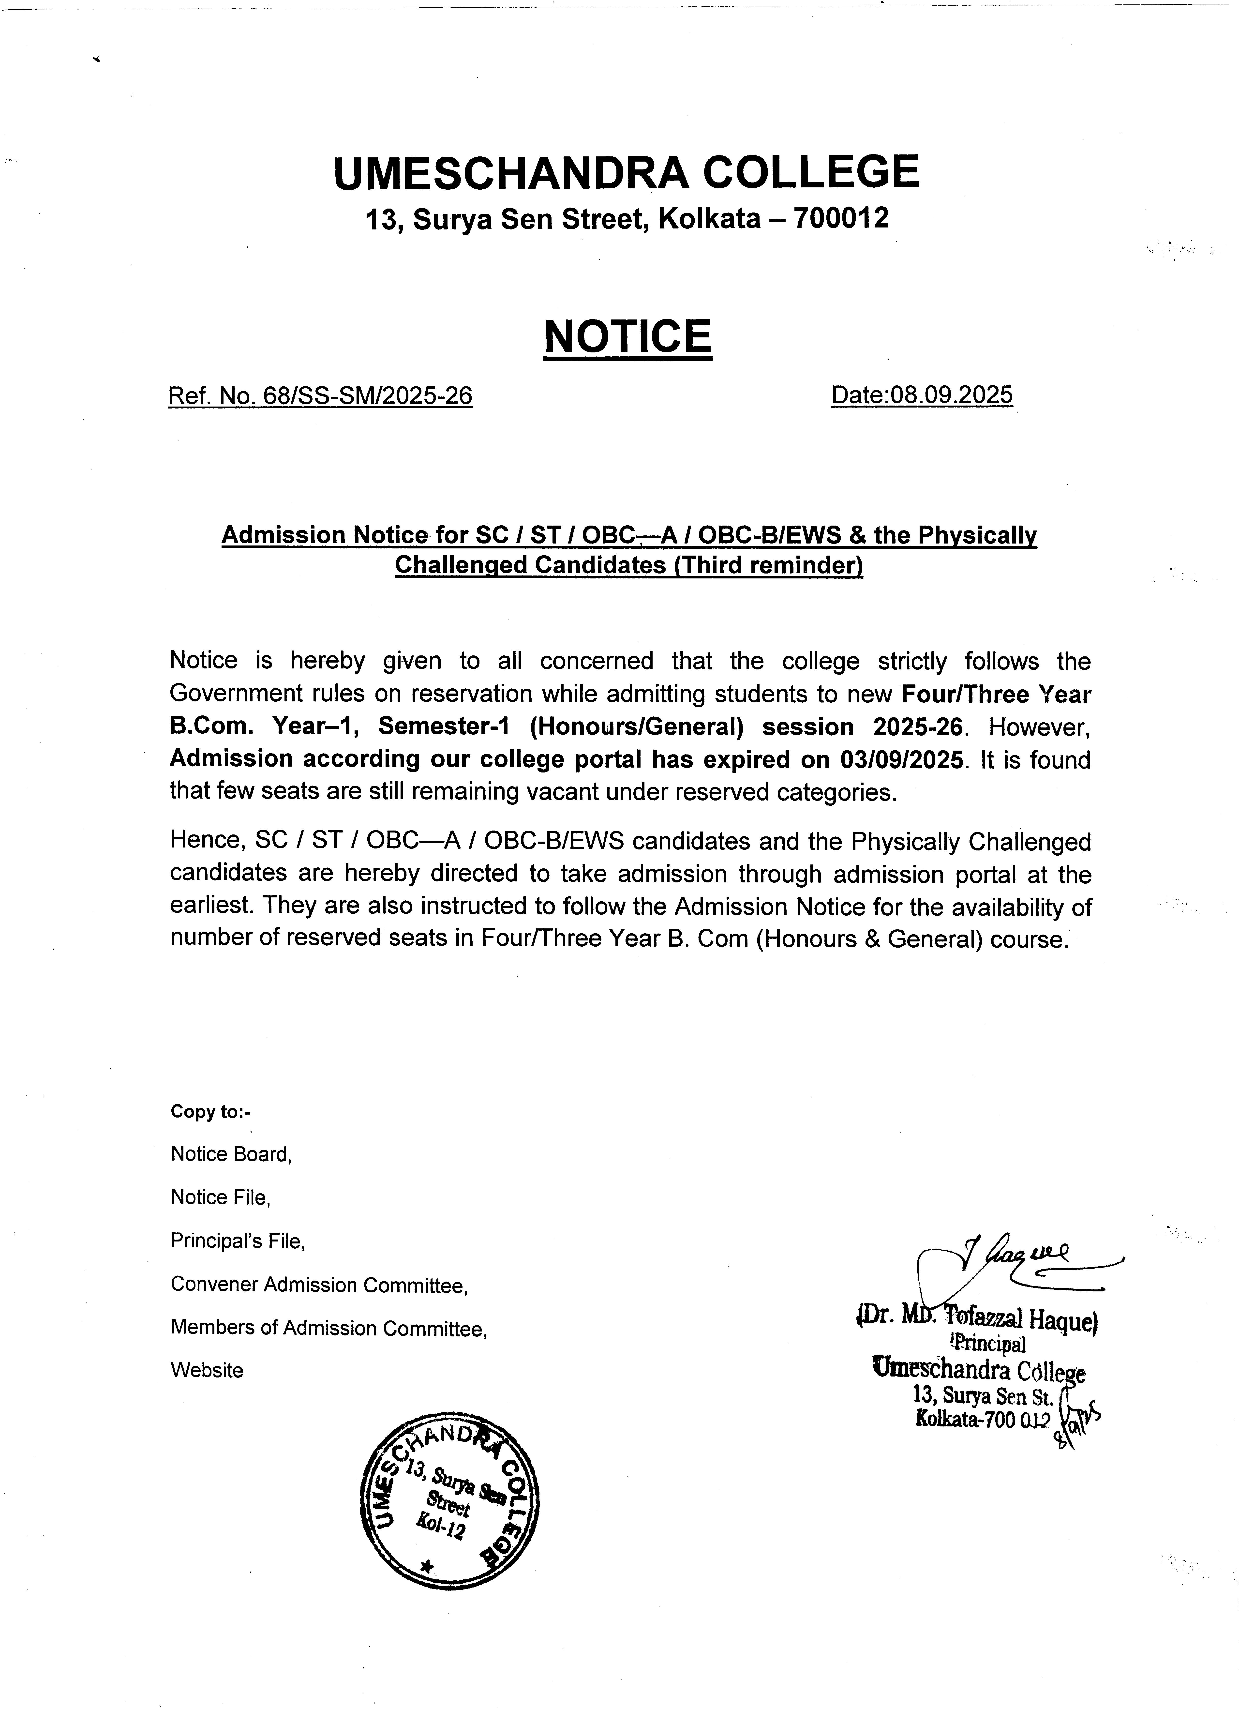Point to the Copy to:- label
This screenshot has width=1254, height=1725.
(210, 1112)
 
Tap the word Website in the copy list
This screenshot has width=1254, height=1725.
(207, 1371)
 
